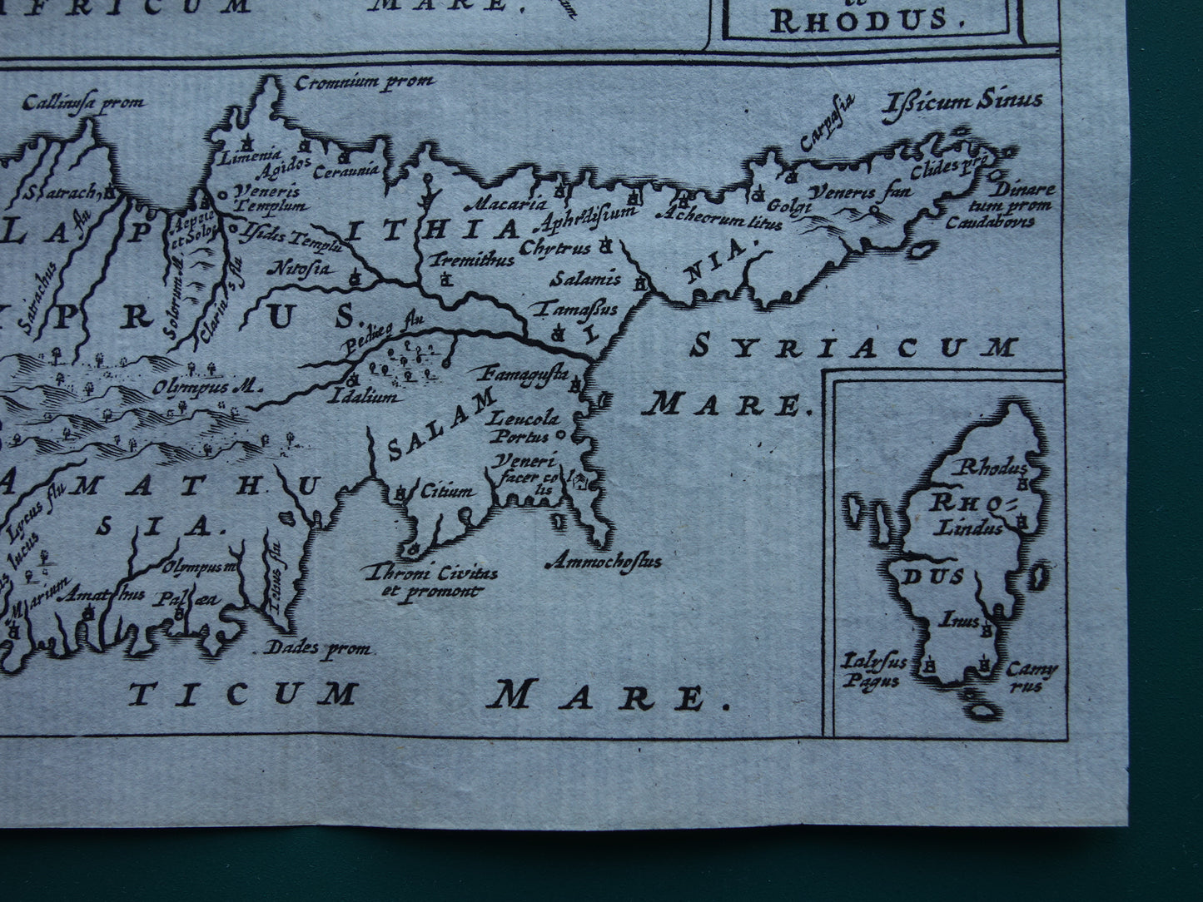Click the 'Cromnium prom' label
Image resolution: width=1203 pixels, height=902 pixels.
click(x=365, y=82)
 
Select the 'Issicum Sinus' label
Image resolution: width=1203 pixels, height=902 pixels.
click(x=965, y=102)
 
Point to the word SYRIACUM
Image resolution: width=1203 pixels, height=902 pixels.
click(x=855, y=348)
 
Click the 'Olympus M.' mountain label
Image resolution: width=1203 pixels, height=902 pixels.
click(x=208, y=387)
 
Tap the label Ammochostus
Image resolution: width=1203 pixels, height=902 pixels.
click(x=614, y=562)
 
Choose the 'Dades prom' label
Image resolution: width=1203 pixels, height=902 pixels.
click(x=317, y=649)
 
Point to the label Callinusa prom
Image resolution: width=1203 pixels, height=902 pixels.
click(x=84, y=103)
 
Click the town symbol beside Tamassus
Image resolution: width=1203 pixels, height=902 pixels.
click(x=559, y=333)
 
